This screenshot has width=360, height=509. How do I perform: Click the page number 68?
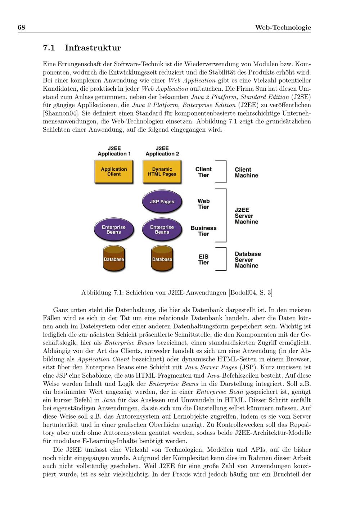click(x=21, y=28)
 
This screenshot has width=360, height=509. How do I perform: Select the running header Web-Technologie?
click(x=283, y=28)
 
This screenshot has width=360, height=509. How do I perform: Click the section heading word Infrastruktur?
click(x=93, y=48)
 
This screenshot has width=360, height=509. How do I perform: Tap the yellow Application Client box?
click(x=114, y=172)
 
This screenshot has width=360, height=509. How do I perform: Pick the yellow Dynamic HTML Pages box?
click(x=162, y=172)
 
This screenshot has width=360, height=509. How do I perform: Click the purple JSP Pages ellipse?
click(x=162, y=202)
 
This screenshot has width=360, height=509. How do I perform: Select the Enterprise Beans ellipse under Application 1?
click(x=114, y=230)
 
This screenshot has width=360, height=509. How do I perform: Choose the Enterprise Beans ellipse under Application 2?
click(x=162, y=230)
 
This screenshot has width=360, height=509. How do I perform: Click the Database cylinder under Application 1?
click(x=114, y=259)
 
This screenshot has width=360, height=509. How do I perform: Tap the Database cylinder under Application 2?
click(x=162, y=259)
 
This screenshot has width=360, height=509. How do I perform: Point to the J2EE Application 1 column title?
click(x=114, y=151)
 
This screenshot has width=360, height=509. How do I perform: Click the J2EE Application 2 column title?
click(x=162, y=151)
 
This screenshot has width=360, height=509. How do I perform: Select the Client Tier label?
click(x=203, y=172)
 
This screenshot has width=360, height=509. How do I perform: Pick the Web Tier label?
click(x=203, y=204)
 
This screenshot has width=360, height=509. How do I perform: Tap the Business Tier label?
click(x=203, y=231)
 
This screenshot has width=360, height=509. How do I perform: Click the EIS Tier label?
click(x=203, y=260)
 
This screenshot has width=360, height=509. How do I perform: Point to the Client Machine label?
click(x=246, y=172)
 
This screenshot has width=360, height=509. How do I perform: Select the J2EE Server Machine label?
click(x=246, y=216)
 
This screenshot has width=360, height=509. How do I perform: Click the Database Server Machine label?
click(x=248, y=260)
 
